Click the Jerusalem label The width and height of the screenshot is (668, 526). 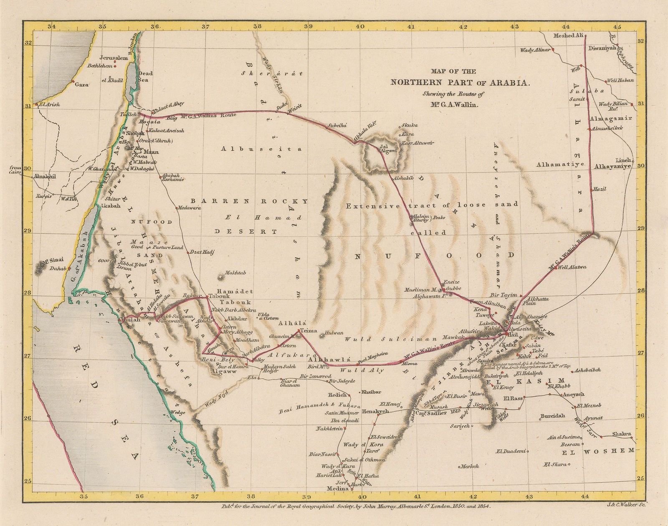tap(114, 58)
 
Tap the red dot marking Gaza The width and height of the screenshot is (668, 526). tap(73, 81)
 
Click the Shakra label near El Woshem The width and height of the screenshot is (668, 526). tap(621, 434)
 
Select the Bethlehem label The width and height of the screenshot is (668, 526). tap(101, 66)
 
